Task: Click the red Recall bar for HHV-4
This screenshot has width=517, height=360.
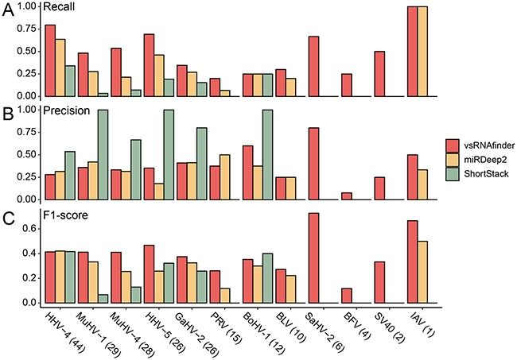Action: (50, 60)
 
